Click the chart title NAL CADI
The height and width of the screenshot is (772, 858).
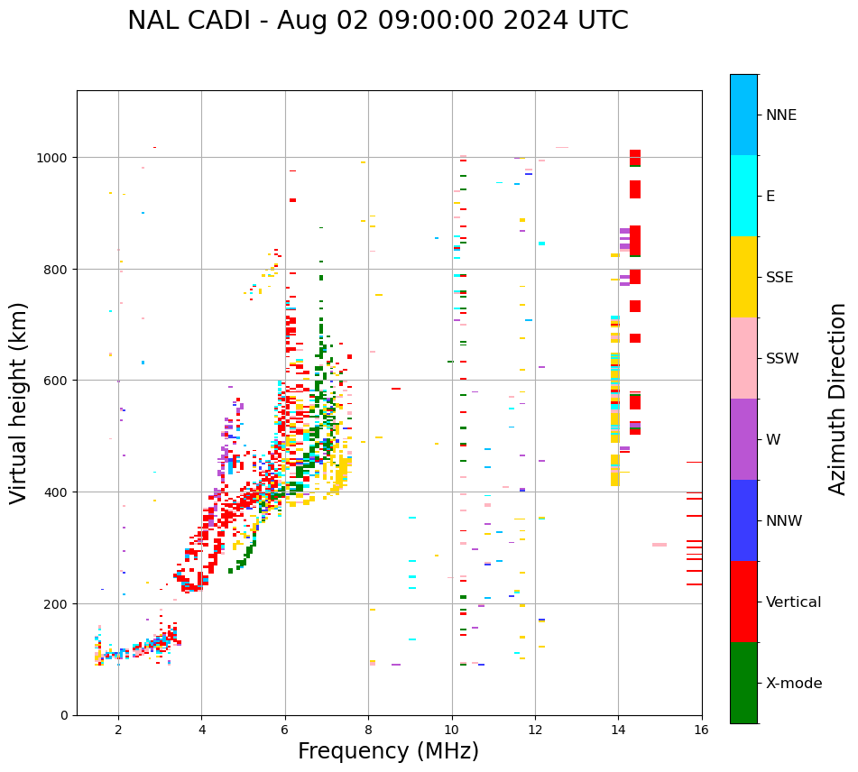(x=377, y=21)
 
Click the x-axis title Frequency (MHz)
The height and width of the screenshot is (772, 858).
(x=388, y=751)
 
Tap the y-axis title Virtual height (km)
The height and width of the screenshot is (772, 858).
(x=19, y=402)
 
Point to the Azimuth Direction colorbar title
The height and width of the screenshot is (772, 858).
(x=838, y=399)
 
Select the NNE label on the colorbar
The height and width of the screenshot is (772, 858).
(x=781, y=115)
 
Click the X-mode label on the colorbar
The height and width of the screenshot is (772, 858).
(x=794, y=684)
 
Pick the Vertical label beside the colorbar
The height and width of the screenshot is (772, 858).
(x=794, y=602)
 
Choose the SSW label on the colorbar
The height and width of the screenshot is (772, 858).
(x=782, y=359)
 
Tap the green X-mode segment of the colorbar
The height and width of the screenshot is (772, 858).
(x=743, y=683)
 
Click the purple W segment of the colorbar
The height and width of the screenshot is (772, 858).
(x=743, y=439)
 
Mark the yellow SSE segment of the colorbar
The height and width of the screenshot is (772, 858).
(x=743, y=277)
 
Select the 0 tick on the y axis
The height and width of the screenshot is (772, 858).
(x=64, y=715)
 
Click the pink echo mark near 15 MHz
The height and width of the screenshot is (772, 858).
(x=659, y=545)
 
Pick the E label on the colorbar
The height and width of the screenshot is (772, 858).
(x=770, y=197)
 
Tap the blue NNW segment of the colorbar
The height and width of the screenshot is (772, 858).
(x=743, y=520)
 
